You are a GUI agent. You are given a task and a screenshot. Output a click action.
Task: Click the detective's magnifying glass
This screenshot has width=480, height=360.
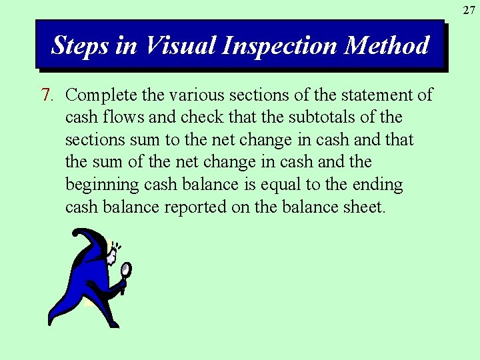coord(125,269)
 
